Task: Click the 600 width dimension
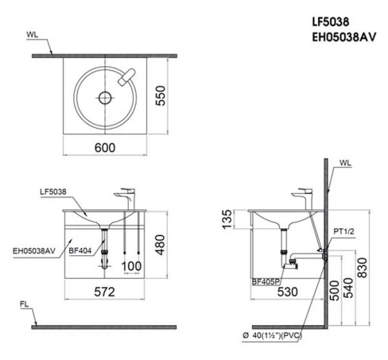click(x=105, y=147)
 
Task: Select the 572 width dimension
click(x=107, y=291)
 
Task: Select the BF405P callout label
click(x=266, y=281)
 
